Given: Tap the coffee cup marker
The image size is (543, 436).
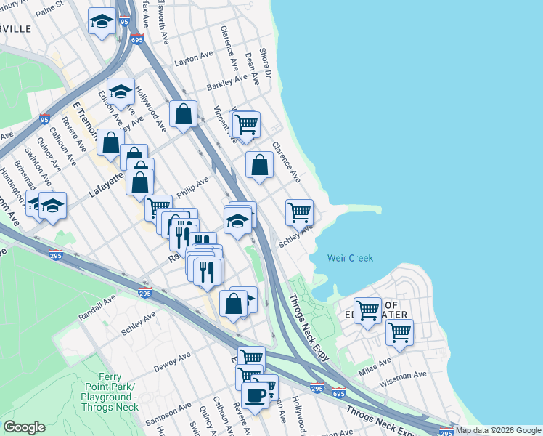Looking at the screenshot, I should (255, 395).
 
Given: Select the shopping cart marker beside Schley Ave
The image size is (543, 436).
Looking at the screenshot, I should (299, 213).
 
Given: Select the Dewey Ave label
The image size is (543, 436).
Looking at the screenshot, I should (172, 359).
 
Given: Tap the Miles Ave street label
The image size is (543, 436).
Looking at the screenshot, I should (375, 361).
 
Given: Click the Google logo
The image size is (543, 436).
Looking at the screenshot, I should (24, 427).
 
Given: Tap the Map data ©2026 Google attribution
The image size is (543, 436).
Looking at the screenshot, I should (498, 430).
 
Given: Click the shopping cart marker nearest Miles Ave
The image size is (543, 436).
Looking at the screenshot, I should (399, 333).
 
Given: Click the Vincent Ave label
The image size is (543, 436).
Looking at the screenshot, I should (222, 121).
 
